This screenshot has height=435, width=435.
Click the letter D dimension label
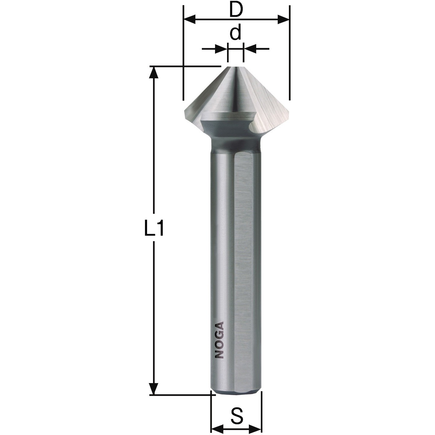[x=236, y=10]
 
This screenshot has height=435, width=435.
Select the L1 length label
[x=154, y=228]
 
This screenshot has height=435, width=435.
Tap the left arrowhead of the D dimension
[x=189, y=19]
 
